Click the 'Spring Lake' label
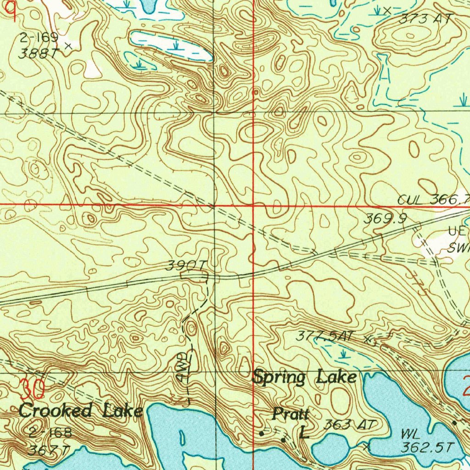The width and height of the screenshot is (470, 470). tap(305, 377)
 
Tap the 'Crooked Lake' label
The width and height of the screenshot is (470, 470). tap(80, 410)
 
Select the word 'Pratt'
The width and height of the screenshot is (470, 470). tap(290, 414)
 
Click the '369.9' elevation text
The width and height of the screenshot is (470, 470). tap(386, 219)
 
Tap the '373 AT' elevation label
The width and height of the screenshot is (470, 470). tap(425, 19)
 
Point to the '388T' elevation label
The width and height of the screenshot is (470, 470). tap(39, 53)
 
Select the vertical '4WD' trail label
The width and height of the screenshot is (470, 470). tap(182, 367)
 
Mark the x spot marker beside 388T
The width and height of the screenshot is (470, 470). tap(69, 45)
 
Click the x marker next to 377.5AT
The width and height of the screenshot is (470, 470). tap(367, 340)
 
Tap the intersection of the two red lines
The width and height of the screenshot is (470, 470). tap(254, 205)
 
